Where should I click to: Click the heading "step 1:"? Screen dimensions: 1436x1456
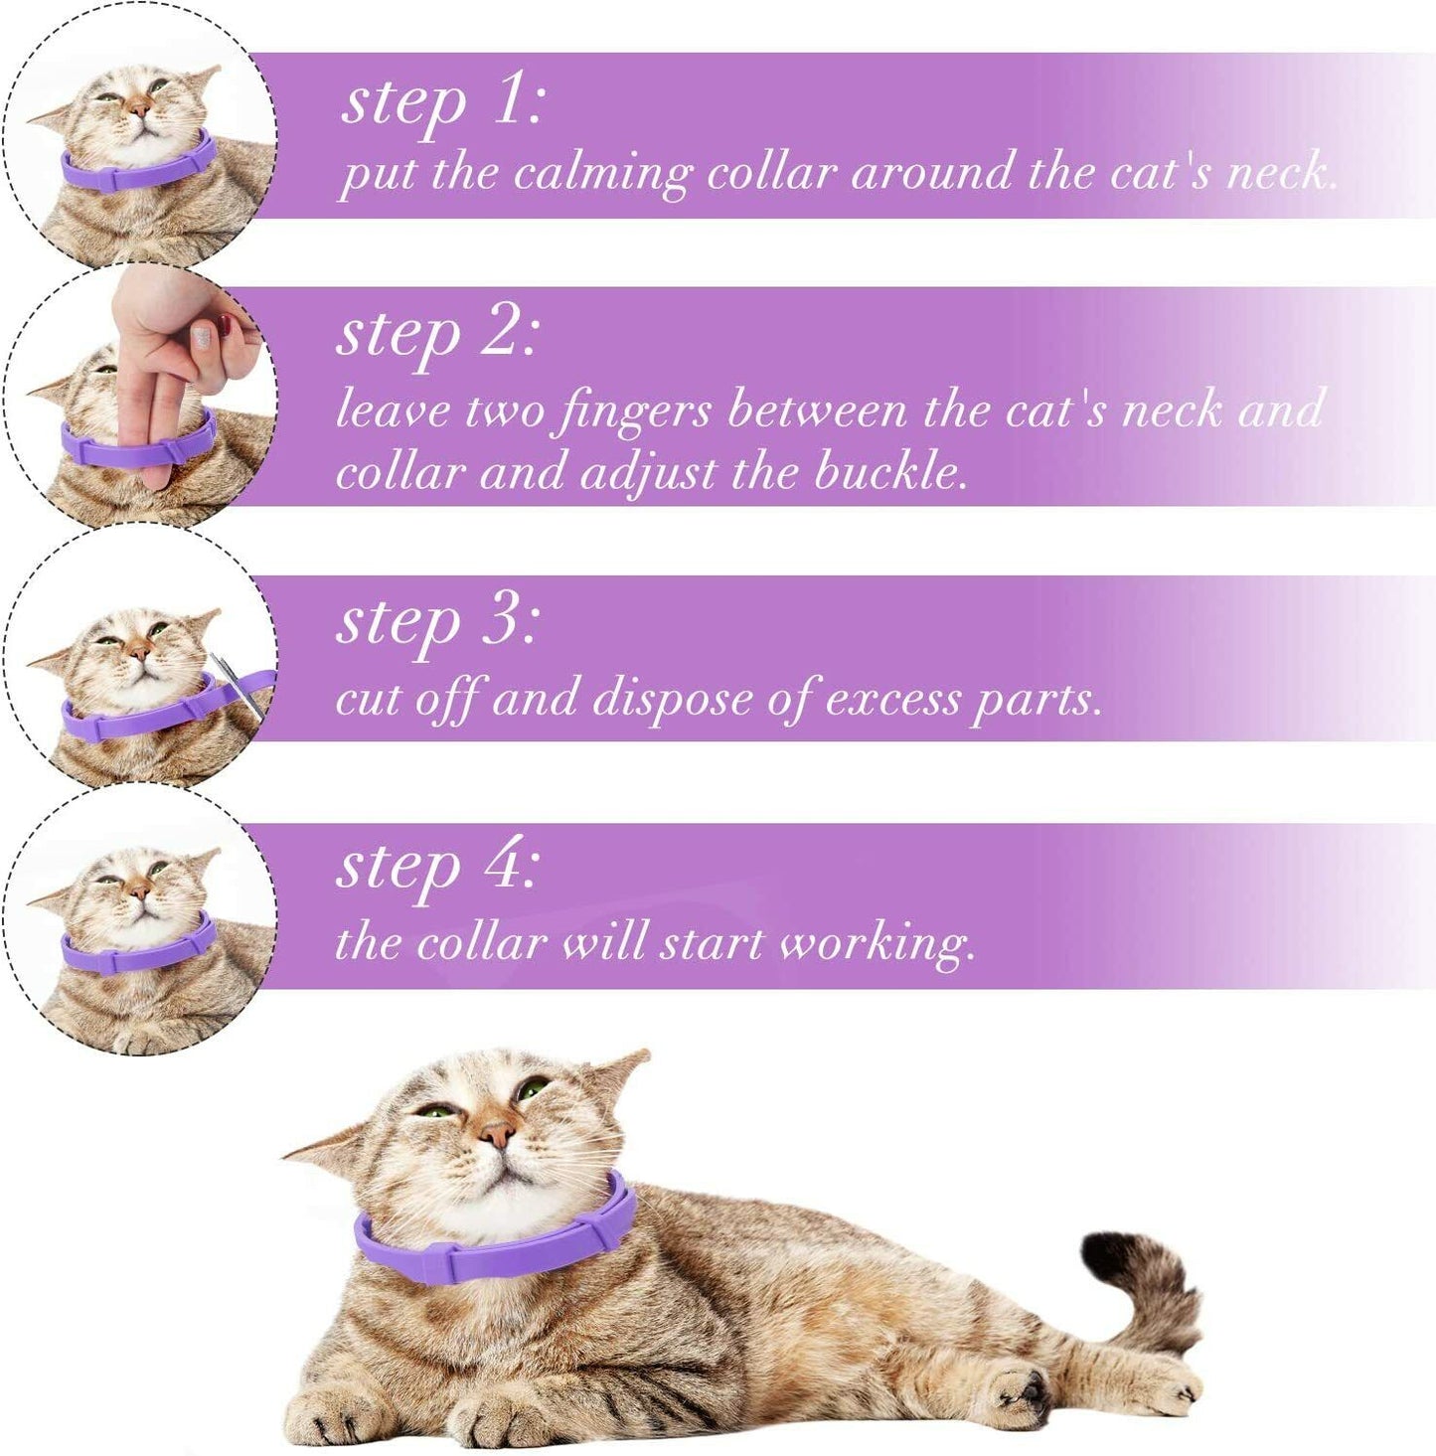442,105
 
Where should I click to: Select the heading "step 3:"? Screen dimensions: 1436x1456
438,624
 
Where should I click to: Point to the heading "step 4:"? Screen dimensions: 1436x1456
438,870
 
